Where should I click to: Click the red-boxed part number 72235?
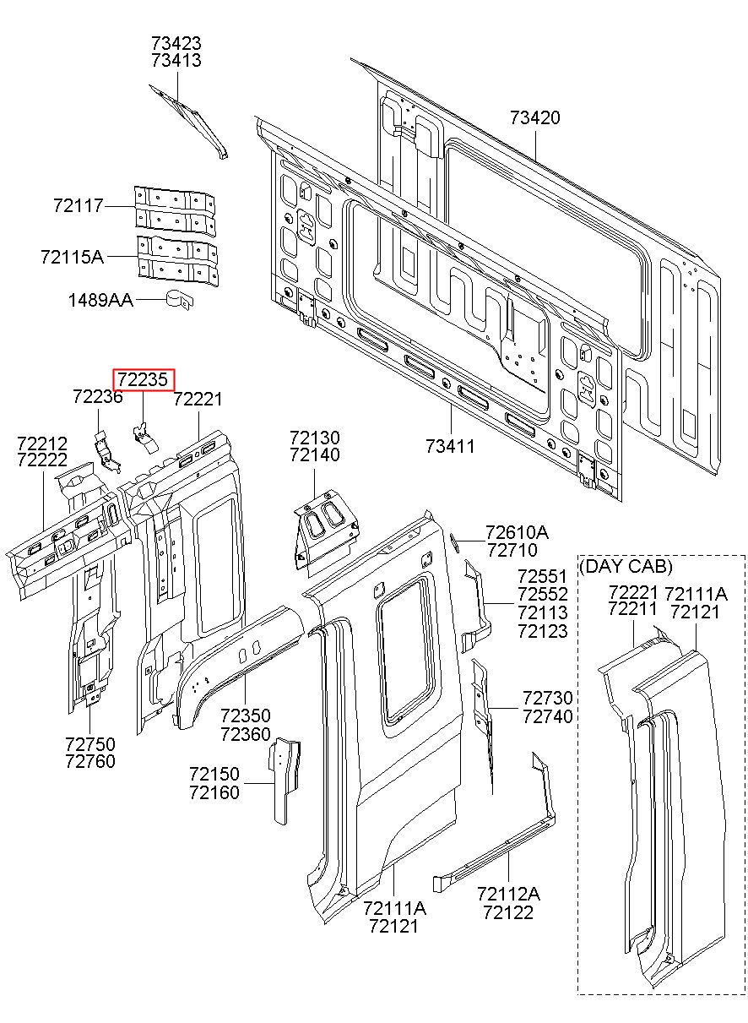tap(144, 380)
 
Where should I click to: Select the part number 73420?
tap(534, 117)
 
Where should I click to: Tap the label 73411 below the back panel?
tap(450, 445)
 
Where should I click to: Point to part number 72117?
tap(78, 205)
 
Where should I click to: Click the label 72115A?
tap(72, 256)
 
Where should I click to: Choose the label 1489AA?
tap(100, 299)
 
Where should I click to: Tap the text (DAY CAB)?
tap(626, 566)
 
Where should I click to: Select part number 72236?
tap(97, 397)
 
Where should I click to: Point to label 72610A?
tap(517, 532)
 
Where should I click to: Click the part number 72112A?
tap(508, 894)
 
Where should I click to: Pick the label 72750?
tap(89, 743)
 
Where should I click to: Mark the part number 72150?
tap(214, 774)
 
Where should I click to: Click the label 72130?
tap(315, 438)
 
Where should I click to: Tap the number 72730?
tap(547, 699)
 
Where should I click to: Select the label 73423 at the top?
tap(176, 42)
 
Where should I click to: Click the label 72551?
tap(543, 577)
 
